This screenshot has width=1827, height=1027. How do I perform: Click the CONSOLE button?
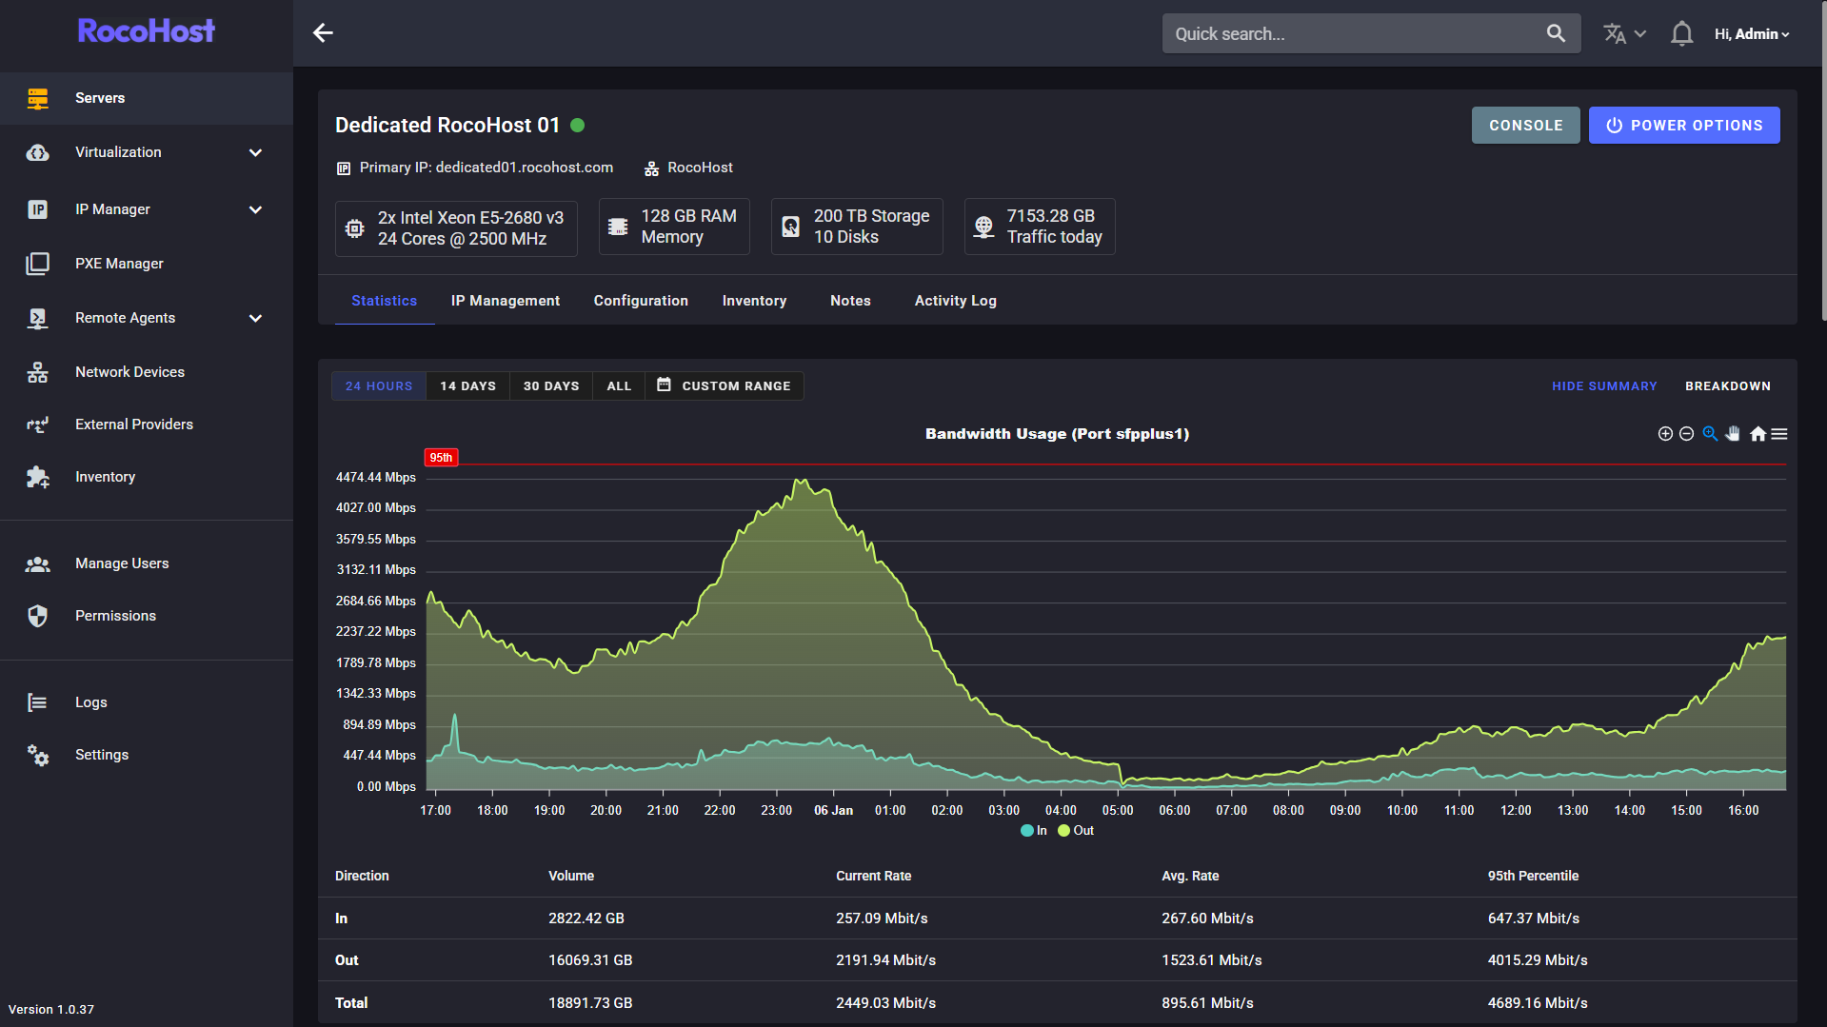[x=1525, y=126]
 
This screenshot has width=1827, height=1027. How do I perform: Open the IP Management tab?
[x=505, y=301]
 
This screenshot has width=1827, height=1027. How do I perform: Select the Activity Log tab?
[x=955, y=301]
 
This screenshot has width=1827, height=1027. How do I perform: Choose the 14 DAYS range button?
[x=467, y=386]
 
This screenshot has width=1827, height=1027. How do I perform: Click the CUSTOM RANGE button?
[x=725, y=386]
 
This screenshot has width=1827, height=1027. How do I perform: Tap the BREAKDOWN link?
[x=1727, y=386]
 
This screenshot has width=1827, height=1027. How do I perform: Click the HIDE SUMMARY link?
[x=1604, y=386]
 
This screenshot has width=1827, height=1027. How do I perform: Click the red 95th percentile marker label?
[x=441, y=458]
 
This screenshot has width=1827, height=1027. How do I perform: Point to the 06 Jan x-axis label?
[x=833, y=811]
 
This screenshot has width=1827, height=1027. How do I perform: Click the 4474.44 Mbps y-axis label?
[x=376, y=478]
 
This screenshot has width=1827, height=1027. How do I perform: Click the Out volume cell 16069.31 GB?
[x=590, y=960]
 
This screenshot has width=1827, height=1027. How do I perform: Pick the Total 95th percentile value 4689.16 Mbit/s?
[x=1538, y=1003]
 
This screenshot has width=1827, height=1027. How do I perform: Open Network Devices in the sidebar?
[x=129, y=372]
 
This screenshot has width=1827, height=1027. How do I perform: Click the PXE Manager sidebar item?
[x=119, y=264]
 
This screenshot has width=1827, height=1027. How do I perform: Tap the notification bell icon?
[x=1681, y=34]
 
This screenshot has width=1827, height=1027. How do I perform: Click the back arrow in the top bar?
[x=323, y=33]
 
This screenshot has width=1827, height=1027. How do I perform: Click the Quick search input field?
[x=1352, y=34]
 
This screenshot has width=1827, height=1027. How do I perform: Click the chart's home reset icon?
[x=1757, y=434]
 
